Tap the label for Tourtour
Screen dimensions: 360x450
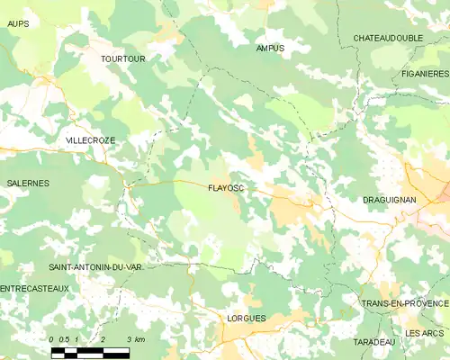pos(123,58)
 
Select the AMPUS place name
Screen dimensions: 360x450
pos(270,48)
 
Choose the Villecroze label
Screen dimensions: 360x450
pos(90,140)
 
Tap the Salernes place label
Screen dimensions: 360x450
pos(28,183)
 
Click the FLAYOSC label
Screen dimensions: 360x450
pos(226,188)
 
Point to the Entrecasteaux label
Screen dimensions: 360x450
pos(34,288)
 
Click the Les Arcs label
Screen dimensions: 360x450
pos(425,333)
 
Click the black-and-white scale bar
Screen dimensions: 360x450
pos(90,352)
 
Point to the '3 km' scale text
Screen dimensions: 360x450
pos(136,338)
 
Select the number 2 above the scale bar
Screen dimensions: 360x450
pos(103,338)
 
